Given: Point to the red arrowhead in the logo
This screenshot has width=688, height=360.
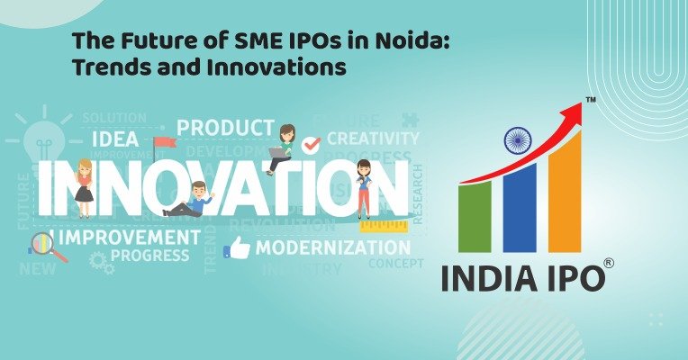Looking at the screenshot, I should tap(573, 109).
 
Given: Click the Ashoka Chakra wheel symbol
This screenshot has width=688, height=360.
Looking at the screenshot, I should tap(517, 140).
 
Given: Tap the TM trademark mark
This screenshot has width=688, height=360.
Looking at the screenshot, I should tap(591, 99).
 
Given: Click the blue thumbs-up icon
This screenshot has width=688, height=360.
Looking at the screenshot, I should tap(237, 248).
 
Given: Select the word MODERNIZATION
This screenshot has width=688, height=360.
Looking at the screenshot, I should tap(332, 247).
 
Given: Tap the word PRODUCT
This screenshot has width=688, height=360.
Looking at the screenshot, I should tap(225, 128).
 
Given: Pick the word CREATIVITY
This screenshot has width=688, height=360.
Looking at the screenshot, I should tap(372, 139).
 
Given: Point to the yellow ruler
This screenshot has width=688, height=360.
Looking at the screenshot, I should tap(385, 226).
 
